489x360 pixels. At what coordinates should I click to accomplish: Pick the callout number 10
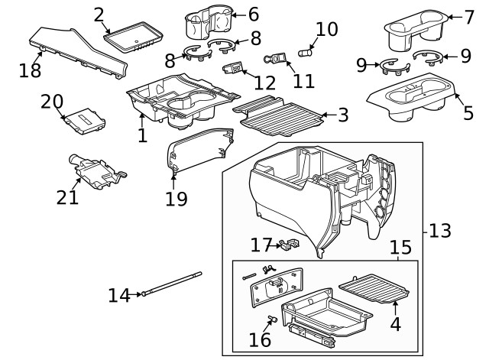(326, 29)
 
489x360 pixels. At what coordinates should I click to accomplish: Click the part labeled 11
(277, 58)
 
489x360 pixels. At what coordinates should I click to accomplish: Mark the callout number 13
(441, 230)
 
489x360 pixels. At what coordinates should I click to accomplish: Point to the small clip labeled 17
(287, 245)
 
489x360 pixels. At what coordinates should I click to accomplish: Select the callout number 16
(260, 339)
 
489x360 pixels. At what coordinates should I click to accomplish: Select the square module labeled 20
(83, 121)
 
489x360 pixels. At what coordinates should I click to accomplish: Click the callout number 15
(400, 248)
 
